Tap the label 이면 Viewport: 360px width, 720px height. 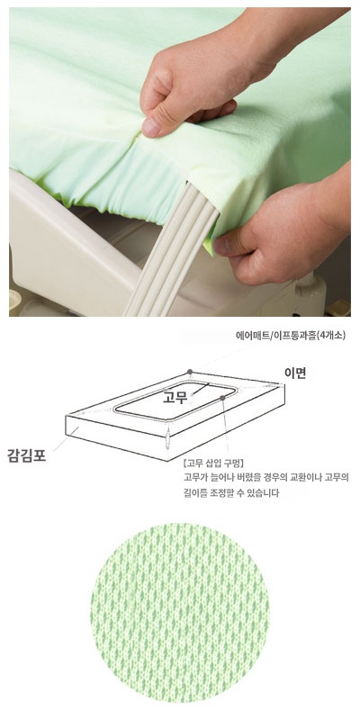(294, 373)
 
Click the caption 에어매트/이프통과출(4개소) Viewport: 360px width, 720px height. (290, 335)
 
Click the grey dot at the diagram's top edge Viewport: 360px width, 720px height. (191, 370)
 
